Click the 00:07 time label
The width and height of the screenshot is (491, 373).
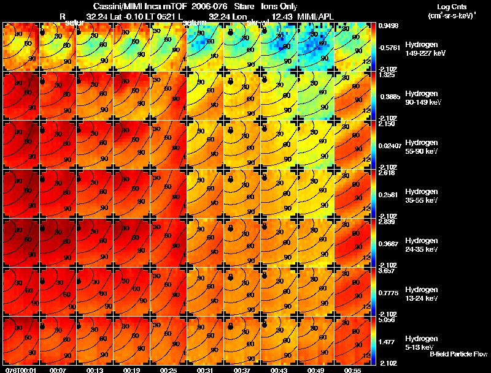(x=59, y=370)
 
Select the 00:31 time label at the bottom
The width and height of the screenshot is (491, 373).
(x=205, y=370)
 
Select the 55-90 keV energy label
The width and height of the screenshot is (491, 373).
(x=421, y=151)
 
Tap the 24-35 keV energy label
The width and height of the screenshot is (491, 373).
(x=421, y=249)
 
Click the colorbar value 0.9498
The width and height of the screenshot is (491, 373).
(x=389, y=26)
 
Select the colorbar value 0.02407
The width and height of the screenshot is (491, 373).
(x=390, y=145)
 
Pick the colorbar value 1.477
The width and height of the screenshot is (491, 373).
(x=386, y=341)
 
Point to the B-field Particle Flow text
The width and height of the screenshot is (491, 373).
(x=458, y=355)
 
